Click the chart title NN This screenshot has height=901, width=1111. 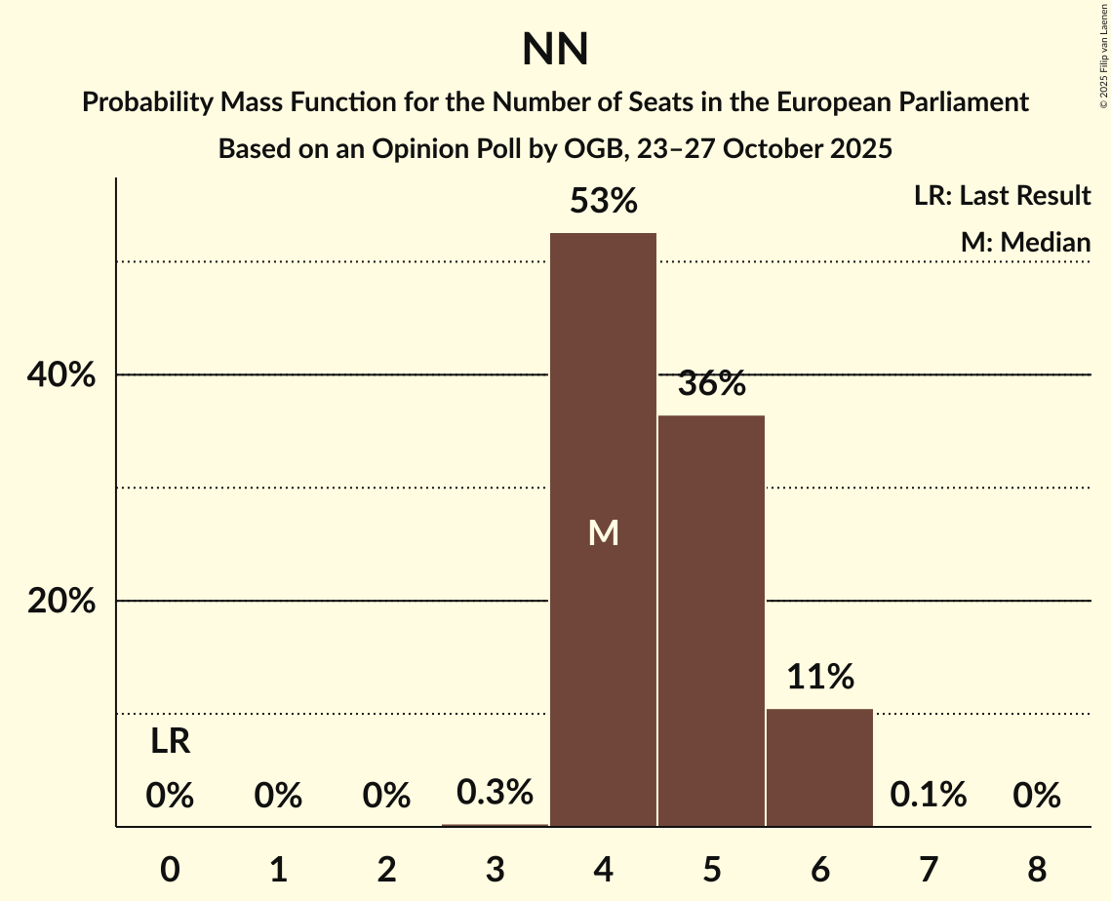(x=555, y=50)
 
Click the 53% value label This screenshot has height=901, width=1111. (x=603, y=202)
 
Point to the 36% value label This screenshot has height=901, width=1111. (x=711, y=384)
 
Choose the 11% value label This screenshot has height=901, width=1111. (x=819, y=676)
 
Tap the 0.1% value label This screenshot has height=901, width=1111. (x=928, y=796)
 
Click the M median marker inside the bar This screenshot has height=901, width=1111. (x=603, y=532)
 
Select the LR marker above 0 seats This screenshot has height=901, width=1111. (x=170, y=743)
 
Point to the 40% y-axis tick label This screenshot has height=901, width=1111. (x=61, y=375)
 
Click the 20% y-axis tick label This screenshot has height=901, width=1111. (x=61, y=602)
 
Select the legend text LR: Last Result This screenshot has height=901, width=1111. (x=1002, y=196)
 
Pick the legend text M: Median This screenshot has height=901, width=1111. (x=1025, y=242)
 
